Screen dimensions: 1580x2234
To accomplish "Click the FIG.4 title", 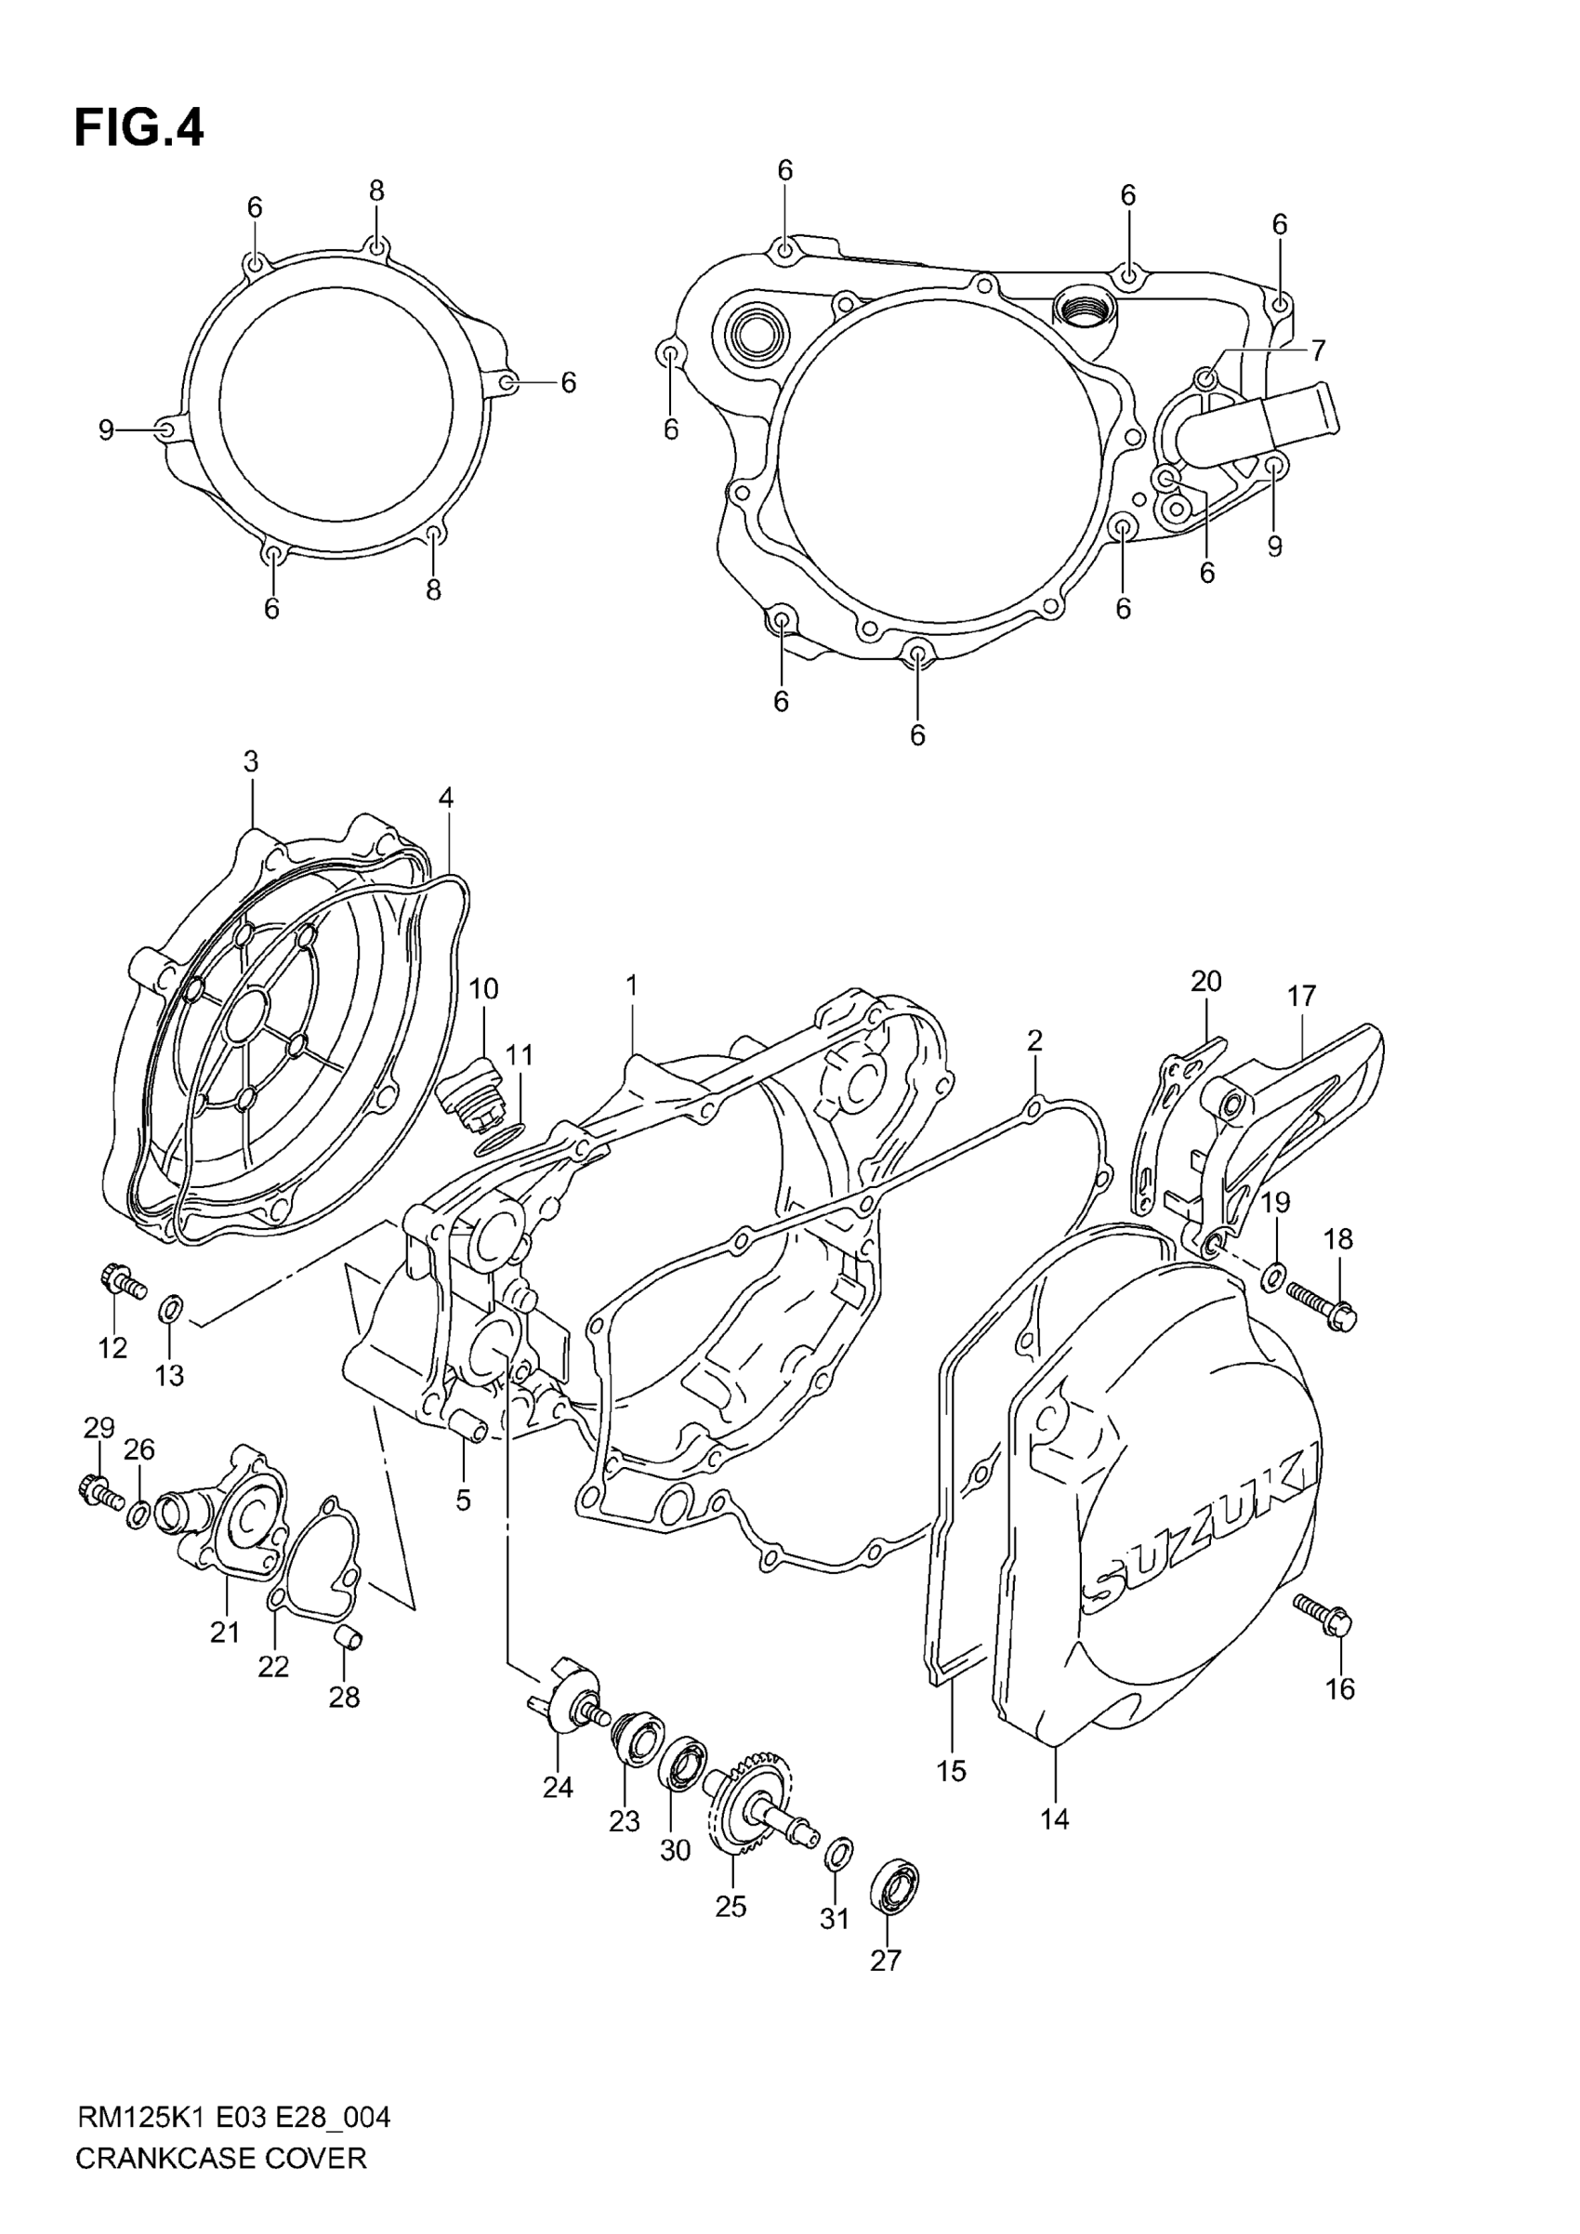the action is pos(139,127).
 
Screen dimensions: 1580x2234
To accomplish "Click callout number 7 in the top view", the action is pos(1316,350).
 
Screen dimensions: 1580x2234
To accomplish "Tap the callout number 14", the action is pos(1054,1818).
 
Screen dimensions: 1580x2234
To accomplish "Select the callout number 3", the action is pos(251,761).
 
